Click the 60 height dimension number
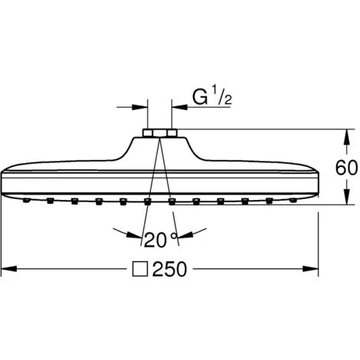click(346, 168)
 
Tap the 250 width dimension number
click(169, 269)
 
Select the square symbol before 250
click(139, 269)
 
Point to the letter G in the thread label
click(200, 97)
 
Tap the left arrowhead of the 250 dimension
click(9, 269)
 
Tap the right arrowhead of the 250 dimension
click(310, 269)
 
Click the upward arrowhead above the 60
click(346, 138)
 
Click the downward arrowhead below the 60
click(346, 197)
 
